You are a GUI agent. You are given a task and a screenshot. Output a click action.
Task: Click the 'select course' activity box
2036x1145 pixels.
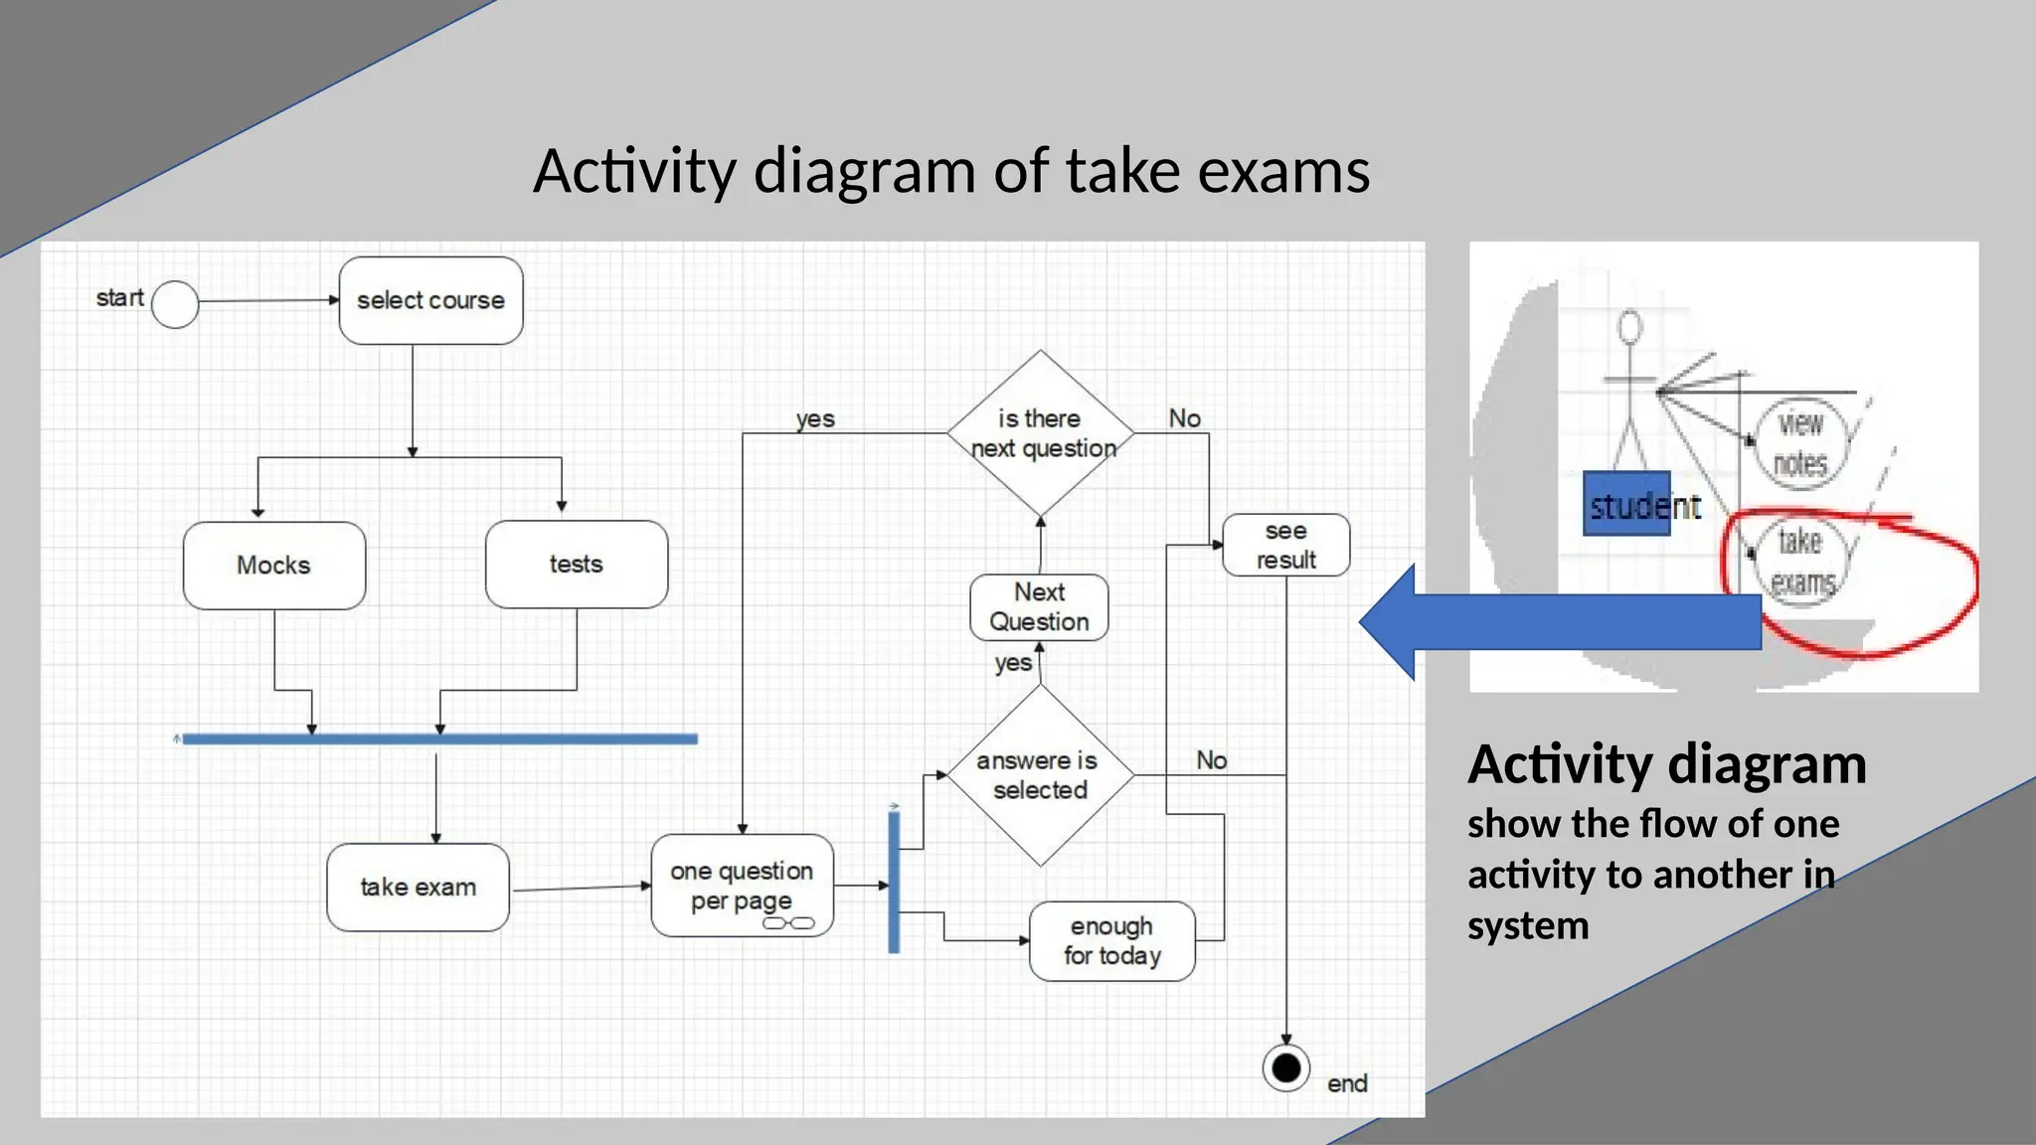pos(430,300)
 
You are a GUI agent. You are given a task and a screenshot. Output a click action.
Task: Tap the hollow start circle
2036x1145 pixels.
pos(175,304)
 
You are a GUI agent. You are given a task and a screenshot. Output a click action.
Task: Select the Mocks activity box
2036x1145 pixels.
pos(274,566)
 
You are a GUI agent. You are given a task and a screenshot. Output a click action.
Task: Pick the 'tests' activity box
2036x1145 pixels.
pos(577,565)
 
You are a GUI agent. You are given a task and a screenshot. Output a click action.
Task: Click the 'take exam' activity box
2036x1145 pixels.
pos(418,888)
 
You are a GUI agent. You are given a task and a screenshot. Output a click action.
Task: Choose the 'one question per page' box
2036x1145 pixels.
pos(742,886)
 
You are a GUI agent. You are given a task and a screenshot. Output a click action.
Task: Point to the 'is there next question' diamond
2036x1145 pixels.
pos(1041,433)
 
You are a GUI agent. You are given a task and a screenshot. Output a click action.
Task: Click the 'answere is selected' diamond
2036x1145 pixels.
pos(1040,775)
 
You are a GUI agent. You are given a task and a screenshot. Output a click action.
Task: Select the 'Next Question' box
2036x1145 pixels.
pos(1039,607)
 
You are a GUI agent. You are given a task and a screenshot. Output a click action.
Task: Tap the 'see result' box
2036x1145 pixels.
pos(1285,546)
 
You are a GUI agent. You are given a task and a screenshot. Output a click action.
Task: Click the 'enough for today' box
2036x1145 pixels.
pos(1111,941)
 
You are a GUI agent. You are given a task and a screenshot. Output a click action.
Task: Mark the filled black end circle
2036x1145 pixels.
pos(1286,1068)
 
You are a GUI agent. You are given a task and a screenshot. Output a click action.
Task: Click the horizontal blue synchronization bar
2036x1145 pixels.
pos(439,738)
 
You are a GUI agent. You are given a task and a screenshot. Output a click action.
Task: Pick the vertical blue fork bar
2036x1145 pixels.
pos(894,882)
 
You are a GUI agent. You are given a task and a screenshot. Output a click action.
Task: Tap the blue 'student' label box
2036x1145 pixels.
pos(1626,504)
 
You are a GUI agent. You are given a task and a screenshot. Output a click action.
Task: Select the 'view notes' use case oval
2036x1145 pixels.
pos(1800,443)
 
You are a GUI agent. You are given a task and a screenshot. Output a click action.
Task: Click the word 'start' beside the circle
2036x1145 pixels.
pos(119,298)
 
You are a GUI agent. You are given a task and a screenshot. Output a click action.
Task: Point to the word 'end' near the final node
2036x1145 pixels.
pos(1347,1083)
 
